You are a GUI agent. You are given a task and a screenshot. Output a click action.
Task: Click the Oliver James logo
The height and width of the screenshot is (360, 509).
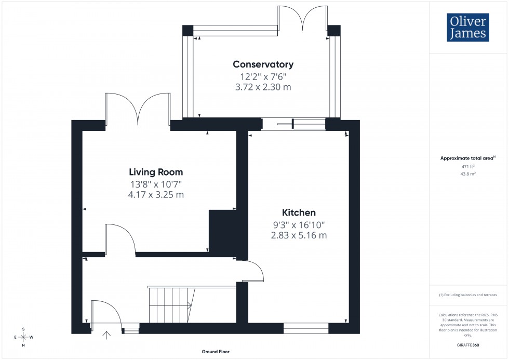point(467,28)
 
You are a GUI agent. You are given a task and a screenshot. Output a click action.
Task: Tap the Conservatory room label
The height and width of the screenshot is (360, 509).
point(263,64)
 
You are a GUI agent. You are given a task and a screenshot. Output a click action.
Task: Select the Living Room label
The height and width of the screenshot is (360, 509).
point(156,172)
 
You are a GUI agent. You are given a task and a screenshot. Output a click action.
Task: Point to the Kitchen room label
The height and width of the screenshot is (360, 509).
point(299,212)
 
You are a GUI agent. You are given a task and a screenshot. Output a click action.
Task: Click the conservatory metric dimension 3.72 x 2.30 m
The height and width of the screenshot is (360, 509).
point(263,87)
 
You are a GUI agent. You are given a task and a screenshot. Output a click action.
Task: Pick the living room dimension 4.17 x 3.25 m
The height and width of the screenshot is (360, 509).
point(156,195)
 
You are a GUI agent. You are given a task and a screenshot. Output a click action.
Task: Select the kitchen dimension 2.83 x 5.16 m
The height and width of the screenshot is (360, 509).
point(299,235)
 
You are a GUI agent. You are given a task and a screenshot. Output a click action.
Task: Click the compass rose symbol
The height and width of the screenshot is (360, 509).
point(23,337)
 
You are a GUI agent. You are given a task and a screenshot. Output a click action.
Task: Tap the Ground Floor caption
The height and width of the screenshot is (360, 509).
point(216,352)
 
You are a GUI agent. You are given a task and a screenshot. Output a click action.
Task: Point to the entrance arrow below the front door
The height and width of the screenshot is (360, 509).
point(108,336)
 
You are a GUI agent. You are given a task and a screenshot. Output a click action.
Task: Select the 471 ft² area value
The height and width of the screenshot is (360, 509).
point(468,166)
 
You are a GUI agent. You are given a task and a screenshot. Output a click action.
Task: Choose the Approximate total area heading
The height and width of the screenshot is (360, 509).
point(467,158)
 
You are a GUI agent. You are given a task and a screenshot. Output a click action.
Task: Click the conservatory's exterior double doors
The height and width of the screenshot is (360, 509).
point(302,18)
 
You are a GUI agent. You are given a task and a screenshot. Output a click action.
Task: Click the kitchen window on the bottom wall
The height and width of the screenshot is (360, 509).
point(306,328)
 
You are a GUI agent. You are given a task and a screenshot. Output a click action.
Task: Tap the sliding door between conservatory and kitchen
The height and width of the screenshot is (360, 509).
point(293,124)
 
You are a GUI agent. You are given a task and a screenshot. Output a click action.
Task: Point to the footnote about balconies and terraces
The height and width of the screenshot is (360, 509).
point(468,295)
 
